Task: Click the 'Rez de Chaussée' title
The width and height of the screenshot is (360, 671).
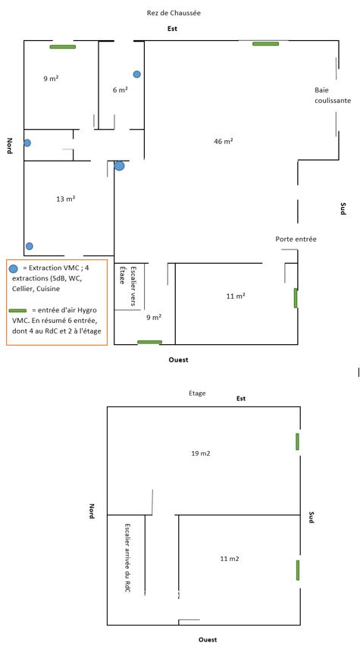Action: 174,13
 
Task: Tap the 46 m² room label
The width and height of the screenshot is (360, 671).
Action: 223,141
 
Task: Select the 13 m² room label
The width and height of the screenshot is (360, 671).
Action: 66,199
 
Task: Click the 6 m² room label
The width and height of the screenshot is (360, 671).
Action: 121,90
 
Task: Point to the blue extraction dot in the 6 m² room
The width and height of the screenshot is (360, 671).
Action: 137,74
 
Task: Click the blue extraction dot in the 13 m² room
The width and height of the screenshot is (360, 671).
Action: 29,246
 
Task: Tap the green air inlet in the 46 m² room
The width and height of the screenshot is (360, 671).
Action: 265,44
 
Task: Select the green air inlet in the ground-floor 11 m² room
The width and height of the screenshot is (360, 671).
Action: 296,298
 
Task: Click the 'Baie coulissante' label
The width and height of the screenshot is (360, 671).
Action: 333,96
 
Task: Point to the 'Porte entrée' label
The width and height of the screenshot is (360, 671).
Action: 296,240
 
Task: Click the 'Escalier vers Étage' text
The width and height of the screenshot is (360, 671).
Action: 127,286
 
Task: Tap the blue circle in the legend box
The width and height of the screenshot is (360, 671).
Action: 14,268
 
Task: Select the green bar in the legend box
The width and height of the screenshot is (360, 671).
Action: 17,310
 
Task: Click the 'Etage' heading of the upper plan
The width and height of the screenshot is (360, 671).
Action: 197,393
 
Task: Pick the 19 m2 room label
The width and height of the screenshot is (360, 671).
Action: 201,453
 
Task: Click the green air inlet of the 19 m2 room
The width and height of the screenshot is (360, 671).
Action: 298,441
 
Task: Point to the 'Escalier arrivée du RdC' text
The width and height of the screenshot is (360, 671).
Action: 127,557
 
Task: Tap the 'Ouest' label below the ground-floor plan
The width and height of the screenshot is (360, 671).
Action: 178,360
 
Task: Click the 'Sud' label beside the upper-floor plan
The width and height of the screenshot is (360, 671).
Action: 311,517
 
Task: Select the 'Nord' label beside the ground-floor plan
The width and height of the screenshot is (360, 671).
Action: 9,146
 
